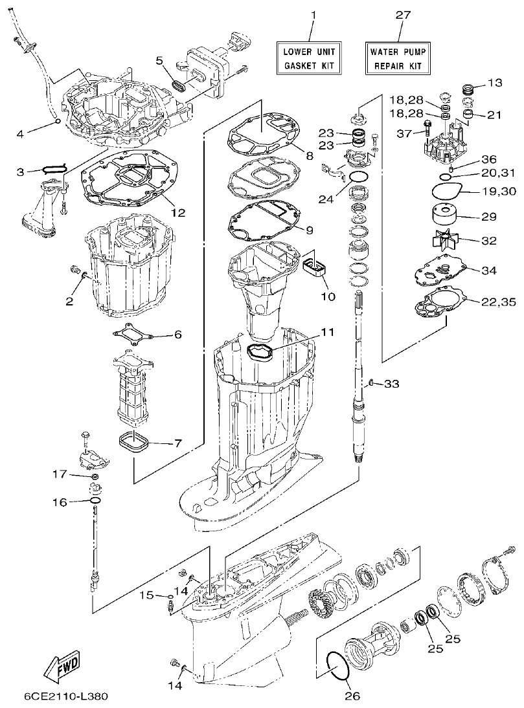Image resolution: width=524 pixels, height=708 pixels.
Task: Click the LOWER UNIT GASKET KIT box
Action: pos(309,57)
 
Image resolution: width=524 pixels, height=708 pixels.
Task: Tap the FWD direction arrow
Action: pos(58,665)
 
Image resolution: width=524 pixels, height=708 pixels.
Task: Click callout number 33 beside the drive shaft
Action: pos(391,384)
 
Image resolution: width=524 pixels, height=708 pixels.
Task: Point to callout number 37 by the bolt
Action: pos(405,133)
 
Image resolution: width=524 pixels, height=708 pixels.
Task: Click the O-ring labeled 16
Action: pos(95,502)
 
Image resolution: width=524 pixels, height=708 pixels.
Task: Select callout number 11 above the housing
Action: pos(328,332)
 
